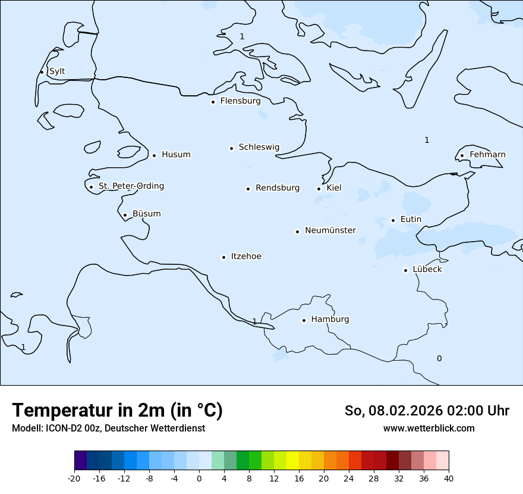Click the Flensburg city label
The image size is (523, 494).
pyautogui.click(x=240, y=101)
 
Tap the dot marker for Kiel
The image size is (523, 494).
pyautogui.click(x=319, y=189)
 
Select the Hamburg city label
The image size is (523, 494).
pyautogui.click(x=330, y=320)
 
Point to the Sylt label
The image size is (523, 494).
pyautogui.click(x=57, y=71)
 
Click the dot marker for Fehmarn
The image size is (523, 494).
pyautogui.click(x=462, y=156)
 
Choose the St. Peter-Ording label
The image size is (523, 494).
pyautogui.click(x=131, y=186)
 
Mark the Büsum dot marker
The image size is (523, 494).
pyautogui.click(x=125, y=215)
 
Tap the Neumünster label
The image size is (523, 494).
pyautogui.click(x=330, y=230)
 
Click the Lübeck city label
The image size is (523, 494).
pyautogui.click(x=427, y=270)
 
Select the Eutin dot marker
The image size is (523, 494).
pyautogui.click(x=393, y=220)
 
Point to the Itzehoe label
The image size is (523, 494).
pyautogui.click(x=246, y=257)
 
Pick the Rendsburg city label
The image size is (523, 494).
pyautogui.click(x=278, y=188)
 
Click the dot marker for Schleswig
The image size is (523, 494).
pyautogui.click(x=231, y=148)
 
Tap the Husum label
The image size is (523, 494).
pyautogui.click(x=176, y=155)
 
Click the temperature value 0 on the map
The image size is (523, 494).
pyautogui.click(x=439, y=358)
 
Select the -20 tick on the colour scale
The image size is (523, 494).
pyautogui.click(x=74, y=479)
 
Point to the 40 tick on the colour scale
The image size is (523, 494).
pyautogui.click(x=449, y=479)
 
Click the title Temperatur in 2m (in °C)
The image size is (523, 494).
pyautogui.click(x=118, y=411)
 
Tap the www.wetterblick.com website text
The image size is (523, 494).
pyautogui.click(x=429, y=429)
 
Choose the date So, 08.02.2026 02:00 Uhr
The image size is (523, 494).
pyautogui.click(x=427, y=411)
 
